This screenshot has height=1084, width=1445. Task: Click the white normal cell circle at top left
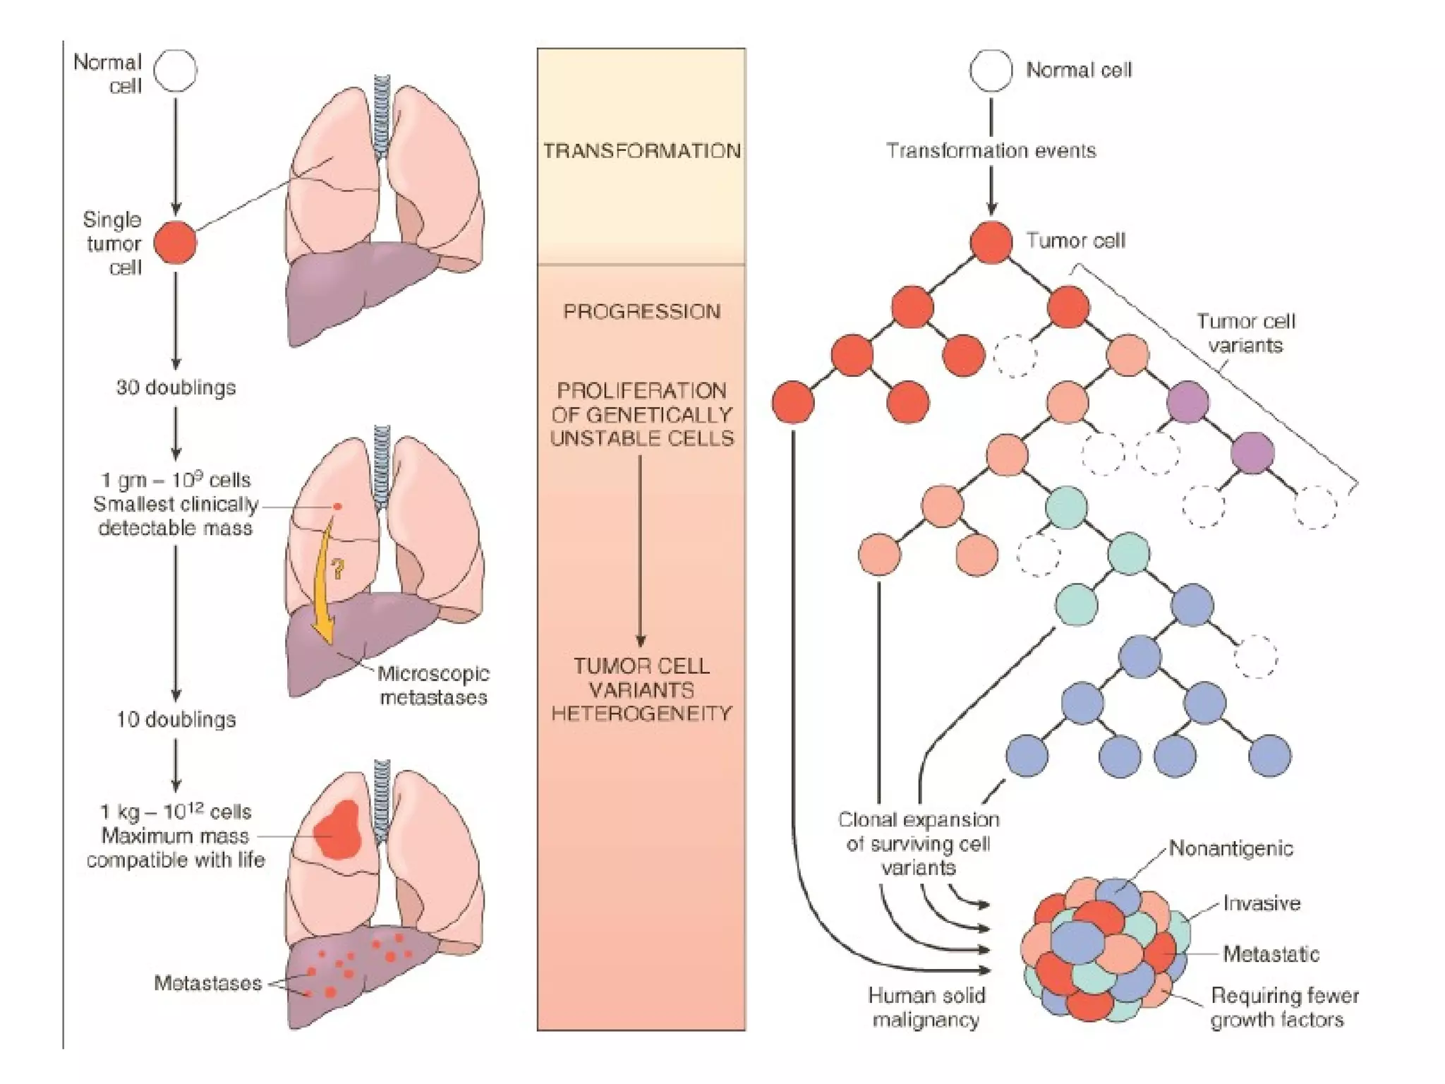(x=176, y=71)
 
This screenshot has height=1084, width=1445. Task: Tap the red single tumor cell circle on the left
(x=175, y=242)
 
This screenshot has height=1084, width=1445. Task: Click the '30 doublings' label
(x=176, y=387)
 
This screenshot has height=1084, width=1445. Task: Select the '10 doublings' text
(x=176, y=720)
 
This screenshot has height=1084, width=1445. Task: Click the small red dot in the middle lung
(x=338, y=506)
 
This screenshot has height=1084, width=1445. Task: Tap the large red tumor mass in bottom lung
(x=339, y=831)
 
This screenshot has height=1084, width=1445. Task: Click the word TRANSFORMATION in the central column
(x=641, y=151)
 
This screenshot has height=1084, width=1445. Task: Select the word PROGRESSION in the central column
(x=641, y=311)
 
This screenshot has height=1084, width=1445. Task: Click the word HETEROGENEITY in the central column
(x=641, y=713)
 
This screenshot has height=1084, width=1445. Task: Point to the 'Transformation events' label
(x=991, y=151)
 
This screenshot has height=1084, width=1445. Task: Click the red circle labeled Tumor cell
(x=991, y=242)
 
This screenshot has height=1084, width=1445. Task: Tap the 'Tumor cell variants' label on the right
(x=1245, y=333)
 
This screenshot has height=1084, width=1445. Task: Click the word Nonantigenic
(x=1231, y=848)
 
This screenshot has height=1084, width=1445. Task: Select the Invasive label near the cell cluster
(x=1262, y=903)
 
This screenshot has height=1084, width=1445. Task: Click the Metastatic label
(x=1271, y=954)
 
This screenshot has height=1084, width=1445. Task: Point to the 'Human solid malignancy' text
(x=926, y=1008)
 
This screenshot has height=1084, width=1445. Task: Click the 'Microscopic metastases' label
(x=433, y=685)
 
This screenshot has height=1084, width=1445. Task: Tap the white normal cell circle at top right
(x=991, y=71)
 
